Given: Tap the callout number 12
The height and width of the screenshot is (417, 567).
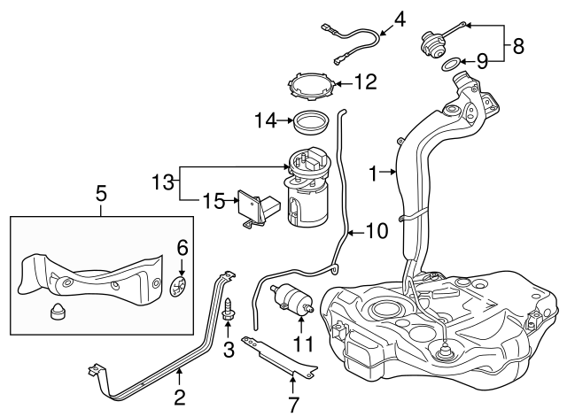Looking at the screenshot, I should tap(364, 82).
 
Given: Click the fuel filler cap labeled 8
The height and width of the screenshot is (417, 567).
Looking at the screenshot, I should tap(434, 41).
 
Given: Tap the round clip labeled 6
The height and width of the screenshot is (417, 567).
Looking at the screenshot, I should tap(178, 286).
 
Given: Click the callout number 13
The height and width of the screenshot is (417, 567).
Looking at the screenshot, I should tap(161, 182).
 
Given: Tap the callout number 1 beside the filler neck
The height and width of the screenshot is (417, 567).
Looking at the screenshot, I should tap(374, 173).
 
